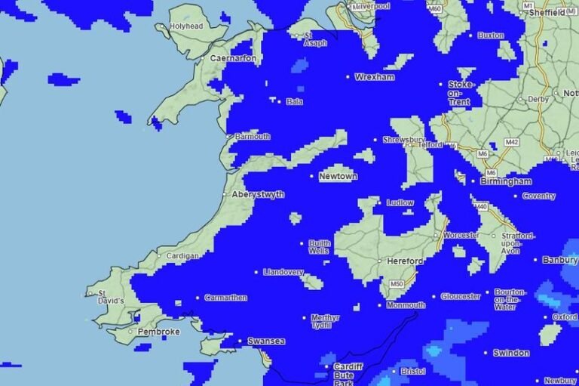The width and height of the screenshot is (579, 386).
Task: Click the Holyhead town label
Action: [187, 26]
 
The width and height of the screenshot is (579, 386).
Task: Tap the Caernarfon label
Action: [233, 58]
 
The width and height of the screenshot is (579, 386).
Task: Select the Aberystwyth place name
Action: [258, 194]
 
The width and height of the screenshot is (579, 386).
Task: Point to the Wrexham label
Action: [375, 77]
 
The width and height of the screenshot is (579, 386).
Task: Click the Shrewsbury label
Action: [404, 140]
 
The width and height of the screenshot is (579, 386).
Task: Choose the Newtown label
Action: [338, 176]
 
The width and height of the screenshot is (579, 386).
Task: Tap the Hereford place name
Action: [404, 261]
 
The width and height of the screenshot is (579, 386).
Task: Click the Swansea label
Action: [266, 341]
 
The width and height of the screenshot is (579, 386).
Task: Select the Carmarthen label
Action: [225, 298]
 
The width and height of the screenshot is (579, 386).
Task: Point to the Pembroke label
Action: [159, 332]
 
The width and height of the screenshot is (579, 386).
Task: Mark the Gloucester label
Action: [460, 296]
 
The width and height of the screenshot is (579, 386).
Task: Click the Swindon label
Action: [511, 353]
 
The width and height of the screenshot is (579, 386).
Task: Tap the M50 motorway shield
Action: [397, 284]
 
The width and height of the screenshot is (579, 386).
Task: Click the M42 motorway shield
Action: [512, 141]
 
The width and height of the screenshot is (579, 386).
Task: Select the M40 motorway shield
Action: [481, 207]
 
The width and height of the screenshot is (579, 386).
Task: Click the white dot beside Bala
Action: [280, 101]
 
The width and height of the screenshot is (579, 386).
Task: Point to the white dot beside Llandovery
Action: [256, 272]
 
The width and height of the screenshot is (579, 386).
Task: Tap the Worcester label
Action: [461, 235]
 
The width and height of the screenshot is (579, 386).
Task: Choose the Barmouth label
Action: [252, 137]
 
